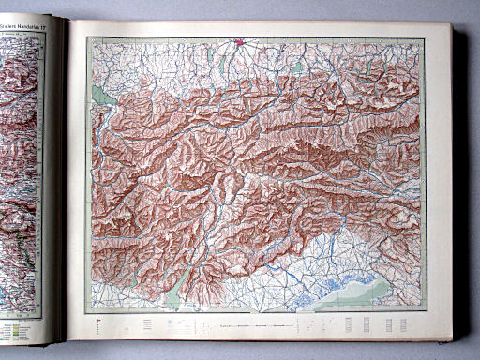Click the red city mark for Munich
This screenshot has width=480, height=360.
click(241, 41)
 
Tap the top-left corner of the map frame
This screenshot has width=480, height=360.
click(88, 38)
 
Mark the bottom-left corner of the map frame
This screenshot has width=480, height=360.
click(87, 312)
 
